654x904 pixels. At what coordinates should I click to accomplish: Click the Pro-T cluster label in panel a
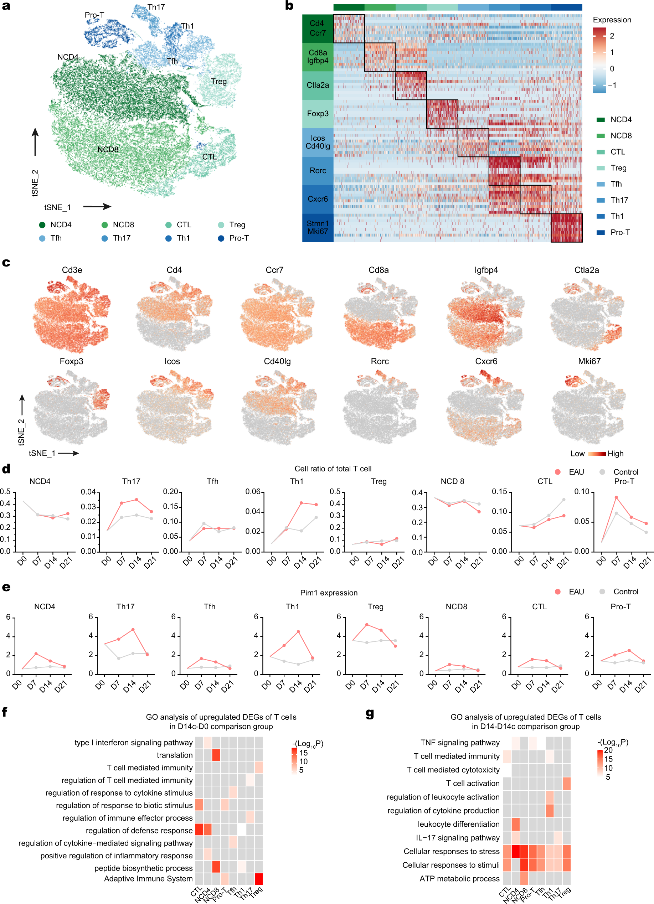point(94,15)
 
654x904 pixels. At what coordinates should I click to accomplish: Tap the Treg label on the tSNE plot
point(218,81)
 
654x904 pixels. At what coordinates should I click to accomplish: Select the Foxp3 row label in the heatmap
point(318,114)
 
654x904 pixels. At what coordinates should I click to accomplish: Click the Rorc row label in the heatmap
point(318,171)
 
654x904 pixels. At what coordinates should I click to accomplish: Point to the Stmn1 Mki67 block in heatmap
point(318,228)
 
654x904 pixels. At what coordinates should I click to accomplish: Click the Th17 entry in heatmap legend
point(619,200)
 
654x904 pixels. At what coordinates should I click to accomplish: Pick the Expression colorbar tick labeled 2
point(612,36)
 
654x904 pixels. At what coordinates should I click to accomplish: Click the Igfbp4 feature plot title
point(486,270)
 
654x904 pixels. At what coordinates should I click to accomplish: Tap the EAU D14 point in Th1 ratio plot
point(302,503)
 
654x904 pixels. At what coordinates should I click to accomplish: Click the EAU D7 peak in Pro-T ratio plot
point(616,497)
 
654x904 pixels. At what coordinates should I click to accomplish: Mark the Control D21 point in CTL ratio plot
point(563,500)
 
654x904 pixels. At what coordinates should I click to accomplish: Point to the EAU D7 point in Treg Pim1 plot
point(366,625)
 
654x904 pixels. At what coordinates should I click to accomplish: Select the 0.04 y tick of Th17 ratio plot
point(88,492)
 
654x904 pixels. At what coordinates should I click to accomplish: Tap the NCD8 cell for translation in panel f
point(216,755)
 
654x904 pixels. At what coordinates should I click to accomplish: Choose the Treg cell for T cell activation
point(566,783)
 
